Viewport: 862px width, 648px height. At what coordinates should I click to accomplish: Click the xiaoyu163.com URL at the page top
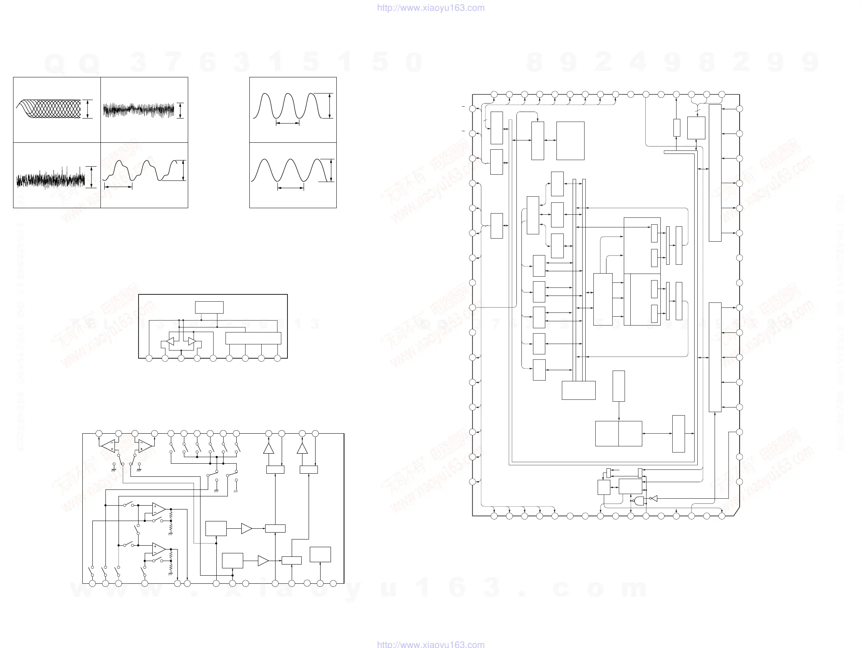click(431, 8)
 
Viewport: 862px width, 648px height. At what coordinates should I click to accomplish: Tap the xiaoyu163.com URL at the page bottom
click(431, 644)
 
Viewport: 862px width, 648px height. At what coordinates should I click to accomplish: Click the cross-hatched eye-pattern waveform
click(49, 109)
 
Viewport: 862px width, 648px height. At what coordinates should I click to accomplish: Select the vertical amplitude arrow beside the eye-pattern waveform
click(88, 109)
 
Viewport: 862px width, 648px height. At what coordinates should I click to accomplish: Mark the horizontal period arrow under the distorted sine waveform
click(119, 187)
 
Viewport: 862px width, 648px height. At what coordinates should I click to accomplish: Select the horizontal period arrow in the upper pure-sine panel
click(287, 124)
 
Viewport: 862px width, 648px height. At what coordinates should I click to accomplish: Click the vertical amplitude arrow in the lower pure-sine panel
click(331, 171)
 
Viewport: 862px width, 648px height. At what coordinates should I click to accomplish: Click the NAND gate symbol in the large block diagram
click(639, 501)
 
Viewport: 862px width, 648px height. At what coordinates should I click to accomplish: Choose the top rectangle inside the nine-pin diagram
click(209, 307)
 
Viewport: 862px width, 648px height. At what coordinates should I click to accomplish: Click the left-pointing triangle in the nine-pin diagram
click(170, 341)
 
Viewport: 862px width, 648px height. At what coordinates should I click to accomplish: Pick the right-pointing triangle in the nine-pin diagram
click(192, 341)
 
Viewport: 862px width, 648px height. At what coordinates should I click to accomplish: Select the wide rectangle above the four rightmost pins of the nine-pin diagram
click(253, 338)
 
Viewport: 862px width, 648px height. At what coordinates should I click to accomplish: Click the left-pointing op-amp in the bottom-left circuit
click(109, 445)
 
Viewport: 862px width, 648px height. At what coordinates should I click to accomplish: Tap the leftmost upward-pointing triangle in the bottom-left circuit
click(269, 449)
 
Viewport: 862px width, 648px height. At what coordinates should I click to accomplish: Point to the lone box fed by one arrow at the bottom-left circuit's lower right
click(320, 554)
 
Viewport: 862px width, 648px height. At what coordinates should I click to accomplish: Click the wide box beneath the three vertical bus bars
click(579, 390)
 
